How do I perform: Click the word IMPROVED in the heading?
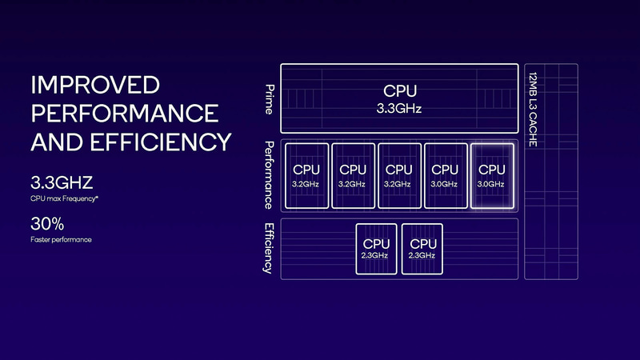click(x=95, y=86)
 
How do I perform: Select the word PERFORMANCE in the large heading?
click(x=124, y=114)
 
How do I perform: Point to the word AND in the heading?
click(x=57, y=142)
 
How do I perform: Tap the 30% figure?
click(x=46, y=224)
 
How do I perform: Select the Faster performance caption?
click(x=61, y=239)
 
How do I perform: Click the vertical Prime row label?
click(x=270, y=98)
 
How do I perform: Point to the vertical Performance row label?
click(x=270, y=175)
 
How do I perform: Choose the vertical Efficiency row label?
click(x=269, y=248)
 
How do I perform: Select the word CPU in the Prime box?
click(x=399, y=91)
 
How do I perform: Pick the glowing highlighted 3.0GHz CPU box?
click(x=490, y=176)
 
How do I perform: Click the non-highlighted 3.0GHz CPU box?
click(x=445, y=176)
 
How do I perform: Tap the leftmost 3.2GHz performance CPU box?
click(x=306, y=176)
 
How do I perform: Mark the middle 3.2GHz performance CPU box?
click(x=353, y=176)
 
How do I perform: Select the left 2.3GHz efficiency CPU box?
click(x=376, y=249)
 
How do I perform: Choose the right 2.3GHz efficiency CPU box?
click(x=422, y=249)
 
